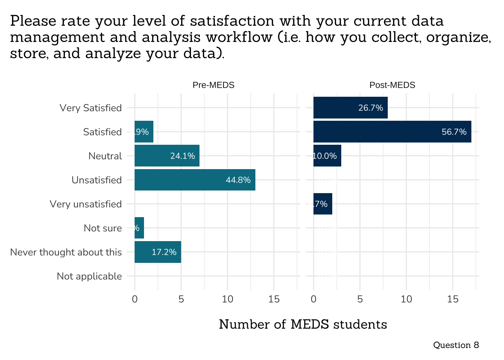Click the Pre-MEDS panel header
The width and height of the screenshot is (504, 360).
(x=213, y=85)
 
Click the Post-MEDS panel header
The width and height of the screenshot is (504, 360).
(x=392, y=85)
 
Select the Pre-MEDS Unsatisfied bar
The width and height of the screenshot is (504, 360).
(x=195, y=180)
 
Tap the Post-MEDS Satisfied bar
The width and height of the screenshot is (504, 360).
(x=392, y=132)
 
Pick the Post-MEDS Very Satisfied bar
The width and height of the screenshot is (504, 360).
(x=350, y=108)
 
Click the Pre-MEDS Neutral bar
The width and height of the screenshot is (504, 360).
(x=167, y=156)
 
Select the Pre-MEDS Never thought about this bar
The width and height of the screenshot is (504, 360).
(x=157, y=252)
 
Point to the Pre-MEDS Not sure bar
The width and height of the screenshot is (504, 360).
(x=139, y=228)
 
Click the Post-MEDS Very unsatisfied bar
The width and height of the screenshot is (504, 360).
(x=322, y=204)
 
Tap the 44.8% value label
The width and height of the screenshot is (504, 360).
(x=238, y=180)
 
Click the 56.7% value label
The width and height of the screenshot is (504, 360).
(x=454, y=132)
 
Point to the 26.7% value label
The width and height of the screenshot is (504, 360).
(x=370, y=108)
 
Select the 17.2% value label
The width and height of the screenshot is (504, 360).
(x=164, y=252)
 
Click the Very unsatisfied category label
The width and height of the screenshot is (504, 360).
(x=86, y=204)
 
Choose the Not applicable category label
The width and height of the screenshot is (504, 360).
(x=89, y=276)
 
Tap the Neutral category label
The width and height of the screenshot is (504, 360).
(x=105, y=156)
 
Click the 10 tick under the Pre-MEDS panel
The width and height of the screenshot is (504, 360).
(x=228, y=299)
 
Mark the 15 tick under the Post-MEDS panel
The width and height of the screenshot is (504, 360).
(x=453, y=299)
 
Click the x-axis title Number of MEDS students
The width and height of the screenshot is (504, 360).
(x=303, y=324)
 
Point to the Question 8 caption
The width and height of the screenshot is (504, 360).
(x=456, y=345)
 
